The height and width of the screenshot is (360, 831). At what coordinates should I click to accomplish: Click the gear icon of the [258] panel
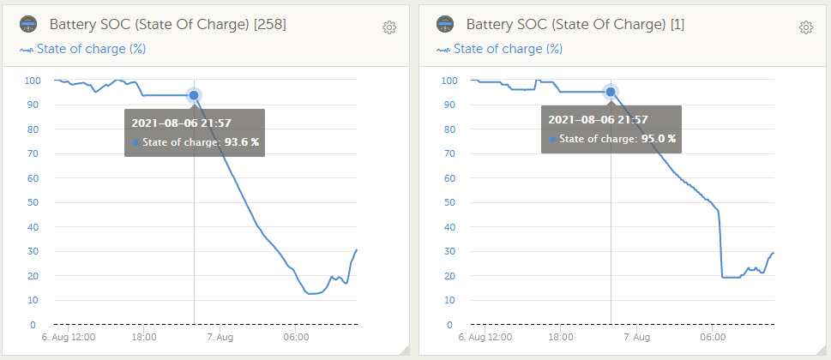[x=389, y=27]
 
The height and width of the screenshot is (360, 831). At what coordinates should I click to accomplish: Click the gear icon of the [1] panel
[x=806, y=27]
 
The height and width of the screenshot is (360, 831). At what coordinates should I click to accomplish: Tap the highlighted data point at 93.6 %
[x=194, y=95]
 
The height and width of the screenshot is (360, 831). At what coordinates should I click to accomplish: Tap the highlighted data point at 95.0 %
[x=611, y=92]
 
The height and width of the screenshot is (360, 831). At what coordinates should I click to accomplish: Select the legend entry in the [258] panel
[x=82, y=49]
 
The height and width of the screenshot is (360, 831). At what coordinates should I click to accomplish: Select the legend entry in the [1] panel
[x=499, y=49]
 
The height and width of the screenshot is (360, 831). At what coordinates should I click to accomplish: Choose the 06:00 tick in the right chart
[x=713, y=338]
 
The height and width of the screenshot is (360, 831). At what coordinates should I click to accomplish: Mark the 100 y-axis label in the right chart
[x=449, y=81]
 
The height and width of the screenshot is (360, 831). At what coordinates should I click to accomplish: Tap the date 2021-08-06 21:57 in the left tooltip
[x=180, y=123]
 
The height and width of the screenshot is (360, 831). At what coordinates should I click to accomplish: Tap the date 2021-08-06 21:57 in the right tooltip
[x=598, y=119]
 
